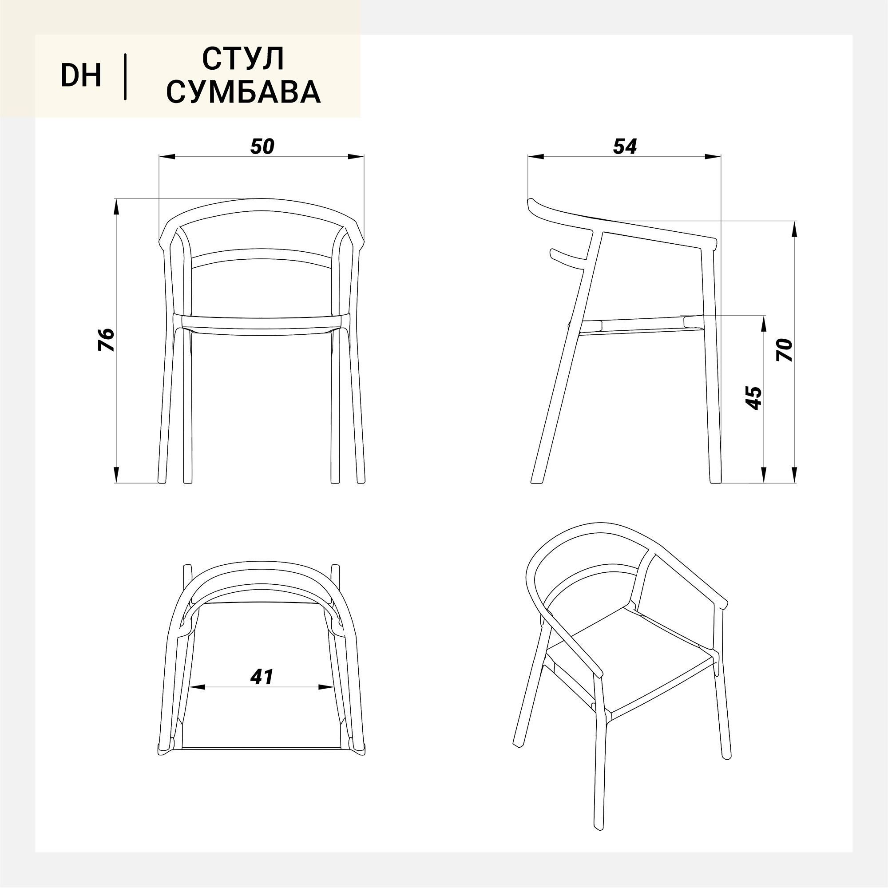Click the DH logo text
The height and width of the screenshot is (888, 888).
tap(81, 76)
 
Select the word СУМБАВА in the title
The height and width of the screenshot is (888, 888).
tap(243, 91)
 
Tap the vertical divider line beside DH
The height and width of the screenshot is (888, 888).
tap(125, 77)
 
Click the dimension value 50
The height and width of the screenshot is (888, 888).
tap(262, 146)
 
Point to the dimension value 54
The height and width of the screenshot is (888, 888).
tap(625, 146)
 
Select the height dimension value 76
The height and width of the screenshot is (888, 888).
tap(107, 340)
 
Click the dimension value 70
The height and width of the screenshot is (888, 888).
tap(785, 350)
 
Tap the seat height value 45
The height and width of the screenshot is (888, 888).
tap(753, 398)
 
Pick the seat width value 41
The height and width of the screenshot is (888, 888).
tap(262, 676)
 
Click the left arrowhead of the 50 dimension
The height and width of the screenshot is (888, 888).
tap(167, 157)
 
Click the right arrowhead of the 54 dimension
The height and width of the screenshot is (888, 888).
tap(713, 157)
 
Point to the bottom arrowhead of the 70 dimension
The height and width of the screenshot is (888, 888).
tap(795, 474)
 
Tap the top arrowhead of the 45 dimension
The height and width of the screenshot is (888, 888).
tap(764, 324)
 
